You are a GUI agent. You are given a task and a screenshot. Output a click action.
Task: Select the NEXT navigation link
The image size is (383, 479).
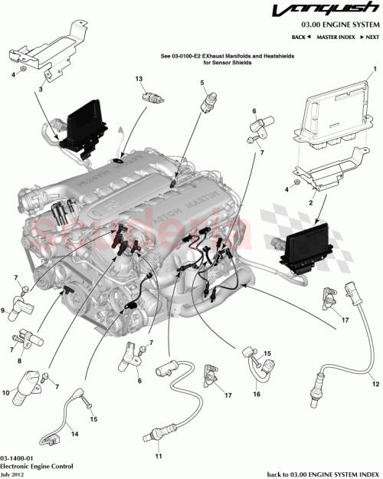pyautogui.click(x=370, y=37)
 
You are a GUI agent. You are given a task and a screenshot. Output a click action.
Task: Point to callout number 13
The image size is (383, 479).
pyautogui.click(x=139, y=79)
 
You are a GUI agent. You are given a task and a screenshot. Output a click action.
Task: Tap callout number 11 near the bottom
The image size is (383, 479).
pyautogui.click(x=159, y=457)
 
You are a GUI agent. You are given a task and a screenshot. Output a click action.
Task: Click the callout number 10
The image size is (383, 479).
pyautogui.click(x=5, y=393)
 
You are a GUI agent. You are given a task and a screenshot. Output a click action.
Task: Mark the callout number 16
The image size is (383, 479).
pyautogui.click(x=257, y=394)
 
